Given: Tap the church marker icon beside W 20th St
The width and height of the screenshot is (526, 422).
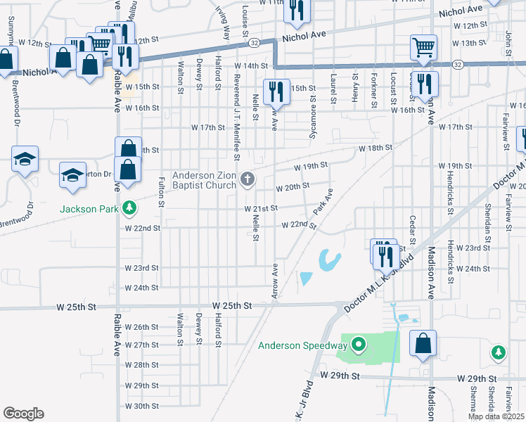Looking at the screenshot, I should point(246,179).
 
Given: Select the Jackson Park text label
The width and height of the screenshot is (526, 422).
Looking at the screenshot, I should point(90,209).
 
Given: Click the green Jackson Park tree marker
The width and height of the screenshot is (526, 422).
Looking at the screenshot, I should point(129,207).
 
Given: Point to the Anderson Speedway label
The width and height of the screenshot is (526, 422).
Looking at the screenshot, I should point(302,345).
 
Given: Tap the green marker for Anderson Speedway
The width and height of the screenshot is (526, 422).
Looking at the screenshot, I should point(359,345).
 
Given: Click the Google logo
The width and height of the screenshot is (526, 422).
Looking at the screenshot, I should point(23,414).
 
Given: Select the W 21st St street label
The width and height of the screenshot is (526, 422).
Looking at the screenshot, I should point(262,209).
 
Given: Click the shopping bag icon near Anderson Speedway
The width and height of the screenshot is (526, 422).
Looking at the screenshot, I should point(424,345).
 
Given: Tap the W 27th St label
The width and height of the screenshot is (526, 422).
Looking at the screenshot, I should point(141,345).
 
